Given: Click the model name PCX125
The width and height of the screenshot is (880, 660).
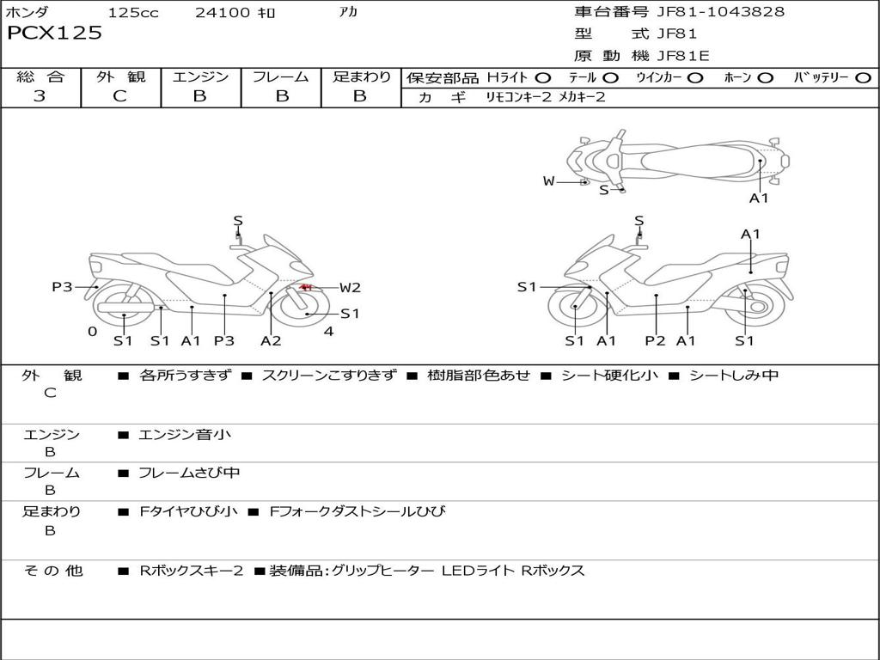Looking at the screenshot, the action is [x=54, y=34].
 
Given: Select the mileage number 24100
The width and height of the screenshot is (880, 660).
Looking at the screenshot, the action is [x=222, y=13].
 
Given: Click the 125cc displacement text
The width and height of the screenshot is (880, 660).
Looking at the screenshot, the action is [x=133, y=13].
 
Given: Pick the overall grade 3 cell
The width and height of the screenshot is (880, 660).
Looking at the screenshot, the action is [x=40, y=96].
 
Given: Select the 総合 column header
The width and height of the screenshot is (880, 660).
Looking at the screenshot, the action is [x=40, y=77].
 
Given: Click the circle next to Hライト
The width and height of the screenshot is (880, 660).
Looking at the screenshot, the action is [x=543, y=78].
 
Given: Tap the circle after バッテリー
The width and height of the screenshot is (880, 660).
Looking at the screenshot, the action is [x=863, y=78].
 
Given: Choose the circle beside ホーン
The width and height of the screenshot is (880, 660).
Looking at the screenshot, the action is [x=766, y=78].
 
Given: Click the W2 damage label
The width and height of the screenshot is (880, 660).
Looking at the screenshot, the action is [x=350, y=288].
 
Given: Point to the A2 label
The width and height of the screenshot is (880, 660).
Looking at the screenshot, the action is [x=271, y=341].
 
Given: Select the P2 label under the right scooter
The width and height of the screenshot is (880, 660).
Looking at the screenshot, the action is [x=656, y=341].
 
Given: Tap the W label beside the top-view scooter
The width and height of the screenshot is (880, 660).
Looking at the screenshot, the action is [x=548, y=181].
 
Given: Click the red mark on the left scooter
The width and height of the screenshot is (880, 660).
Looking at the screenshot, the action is [x=305, y=286].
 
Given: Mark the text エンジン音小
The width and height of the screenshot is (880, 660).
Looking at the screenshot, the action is [x=185, y=435].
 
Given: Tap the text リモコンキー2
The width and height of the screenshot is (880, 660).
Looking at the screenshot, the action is [x=519, y=98].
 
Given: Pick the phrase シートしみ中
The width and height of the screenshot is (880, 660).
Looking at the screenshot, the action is [x=734, y=376].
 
